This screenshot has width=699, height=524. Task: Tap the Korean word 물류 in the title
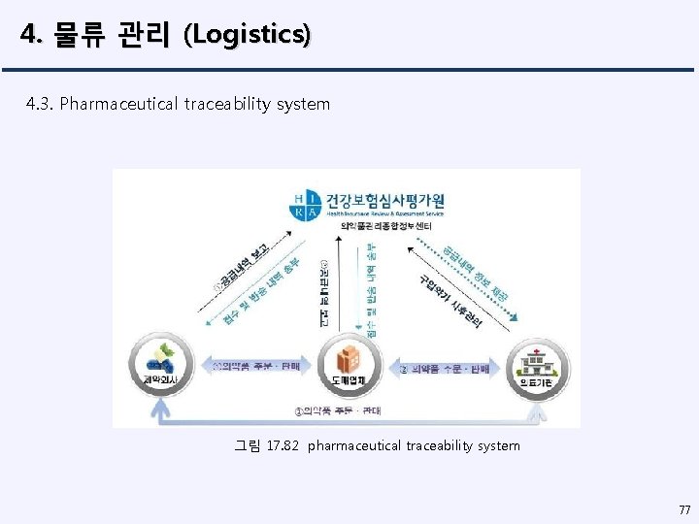click(x=77, y=36)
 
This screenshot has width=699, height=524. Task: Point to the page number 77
click(x=684, y=509)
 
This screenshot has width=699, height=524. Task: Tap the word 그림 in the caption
click(x=248, y=445)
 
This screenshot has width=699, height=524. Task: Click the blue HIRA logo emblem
click(x=305, y=207)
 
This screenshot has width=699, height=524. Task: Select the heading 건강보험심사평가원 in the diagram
click(x=384, y=201)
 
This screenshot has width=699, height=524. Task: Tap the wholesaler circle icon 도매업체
click(x=347, y=365)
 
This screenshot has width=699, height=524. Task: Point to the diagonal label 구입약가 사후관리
click(x=449, y=300)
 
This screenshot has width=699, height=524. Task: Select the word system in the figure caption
click(x=497, y=445)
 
